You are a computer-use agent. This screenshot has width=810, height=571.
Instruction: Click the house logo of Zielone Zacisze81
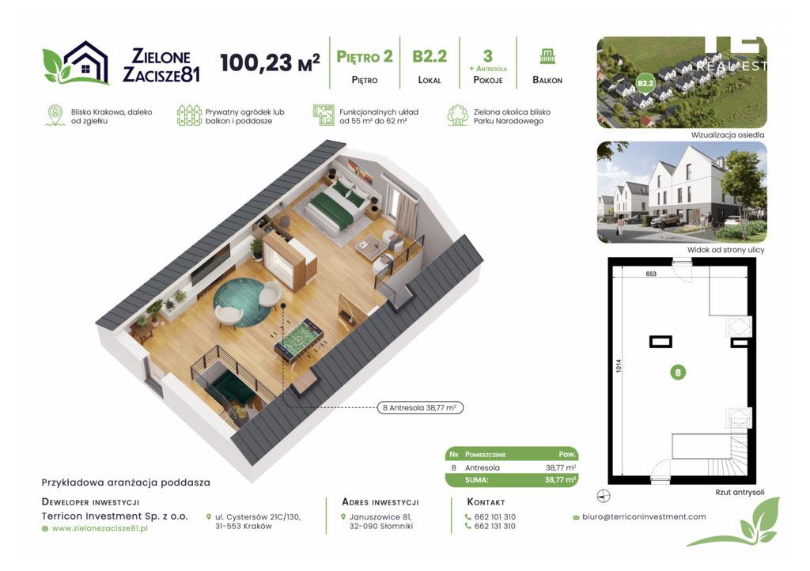(76, 62)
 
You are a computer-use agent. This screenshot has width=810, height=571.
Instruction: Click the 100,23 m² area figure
(270, 62)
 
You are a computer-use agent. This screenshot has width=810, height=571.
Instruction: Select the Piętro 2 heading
(365, 56)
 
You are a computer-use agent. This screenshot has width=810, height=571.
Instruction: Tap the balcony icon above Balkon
(547, 56)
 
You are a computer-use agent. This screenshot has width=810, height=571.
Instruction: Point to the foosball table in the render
(299, 342)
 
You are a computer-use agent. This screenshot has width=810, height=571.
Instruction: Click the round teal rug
(242, 302)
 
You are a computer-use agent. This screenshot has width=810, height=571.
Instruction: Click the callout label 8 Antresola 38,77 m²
(419, 408)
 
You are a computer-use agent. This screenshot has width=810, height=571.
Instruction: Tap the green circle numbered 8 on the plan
(678, 372)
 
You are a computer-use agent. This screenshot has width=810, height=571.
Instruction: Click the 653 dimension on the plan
(651, 274)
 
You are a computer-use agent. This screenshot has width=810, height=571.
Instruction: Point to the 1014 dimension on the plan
(619, 366)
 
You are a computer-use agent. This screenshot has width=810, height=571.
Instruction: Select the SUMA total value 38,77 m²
(561, 479)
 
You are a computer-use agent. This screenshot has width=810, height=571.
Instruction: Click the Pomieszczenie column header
(485, 454)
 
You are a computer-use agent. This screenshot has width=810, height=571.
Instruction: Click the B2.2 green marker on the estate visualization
(645, 83)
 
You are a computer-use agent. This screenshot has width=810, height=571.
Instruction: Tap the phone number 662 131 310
(494, 526)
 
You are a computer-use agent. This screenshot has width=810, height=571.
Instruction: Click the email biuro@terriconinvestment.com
(644, 516)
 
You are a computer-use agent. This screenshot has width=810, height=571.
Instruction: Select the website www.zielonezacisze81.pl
(100, 528)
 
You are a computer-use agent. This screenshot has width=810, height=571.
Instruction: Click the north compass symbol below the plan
(604, 496)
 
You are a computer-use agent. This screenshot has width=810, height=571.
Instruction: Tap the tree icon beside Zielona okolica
(457, 115)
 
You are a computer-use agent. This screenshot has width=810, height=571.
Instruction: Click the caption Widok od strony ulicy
(725, 250)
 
